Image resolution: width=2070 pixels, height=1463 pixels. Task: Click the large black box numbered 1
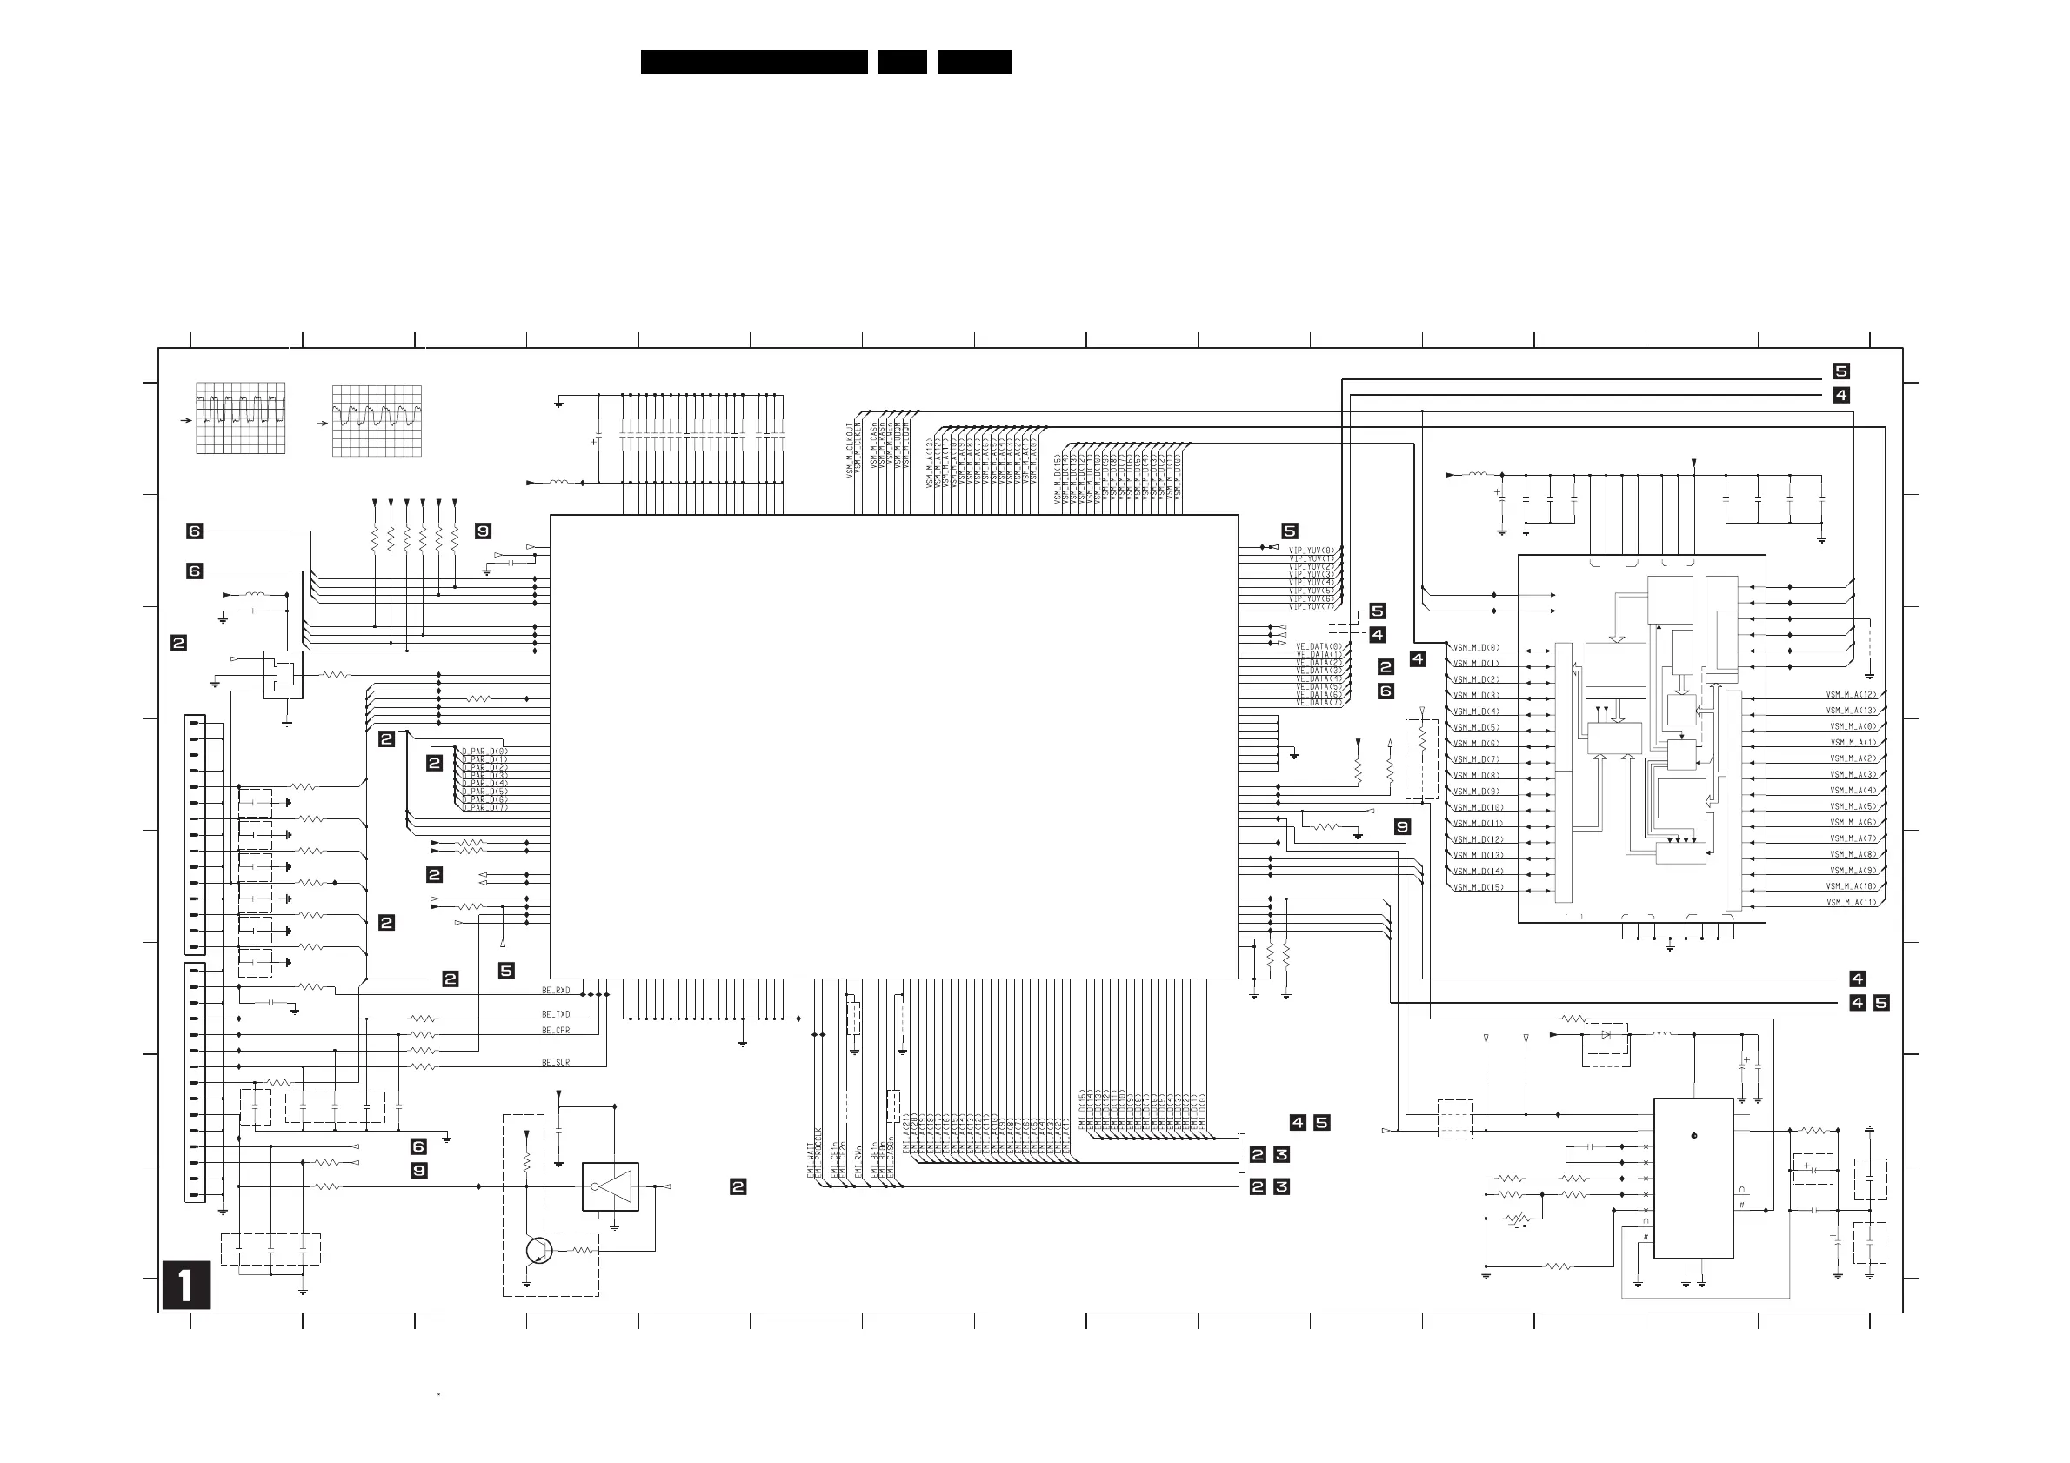187,1285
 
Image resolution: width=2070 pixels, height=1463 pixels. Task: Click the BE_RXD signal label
556,991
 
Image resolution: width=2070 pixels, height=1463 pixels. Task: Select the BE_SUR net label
556,1063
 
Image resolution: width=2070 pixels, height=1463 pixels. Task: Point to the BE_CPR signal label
556,1031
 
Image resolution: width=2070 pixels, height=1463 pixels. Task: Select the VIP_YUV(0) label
1311,551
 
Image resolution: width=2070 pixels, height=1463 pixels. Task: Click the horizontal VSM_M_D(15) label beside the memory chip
1478,888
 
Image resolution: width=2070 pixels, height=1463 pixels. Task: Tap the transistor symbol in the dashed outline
539,1251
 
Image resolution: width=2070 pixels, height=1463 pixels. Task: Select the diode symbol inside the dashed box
1606,1035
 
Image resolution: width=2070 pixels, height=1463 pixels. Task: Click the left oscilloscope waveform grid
241,418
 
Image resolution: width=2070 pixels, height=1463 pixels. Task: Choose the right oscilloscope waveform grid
376,421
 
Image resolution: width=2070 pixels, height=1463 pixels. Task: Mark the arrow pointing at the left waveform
186,420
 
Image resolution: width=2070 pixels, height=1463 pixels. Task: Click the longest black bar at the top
754,61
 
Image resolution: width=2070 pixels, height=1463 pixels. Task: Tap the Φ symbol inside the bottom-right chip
1694,1136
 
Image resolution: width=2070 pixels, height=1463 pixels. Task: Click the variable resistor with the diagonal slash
1519,1220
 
